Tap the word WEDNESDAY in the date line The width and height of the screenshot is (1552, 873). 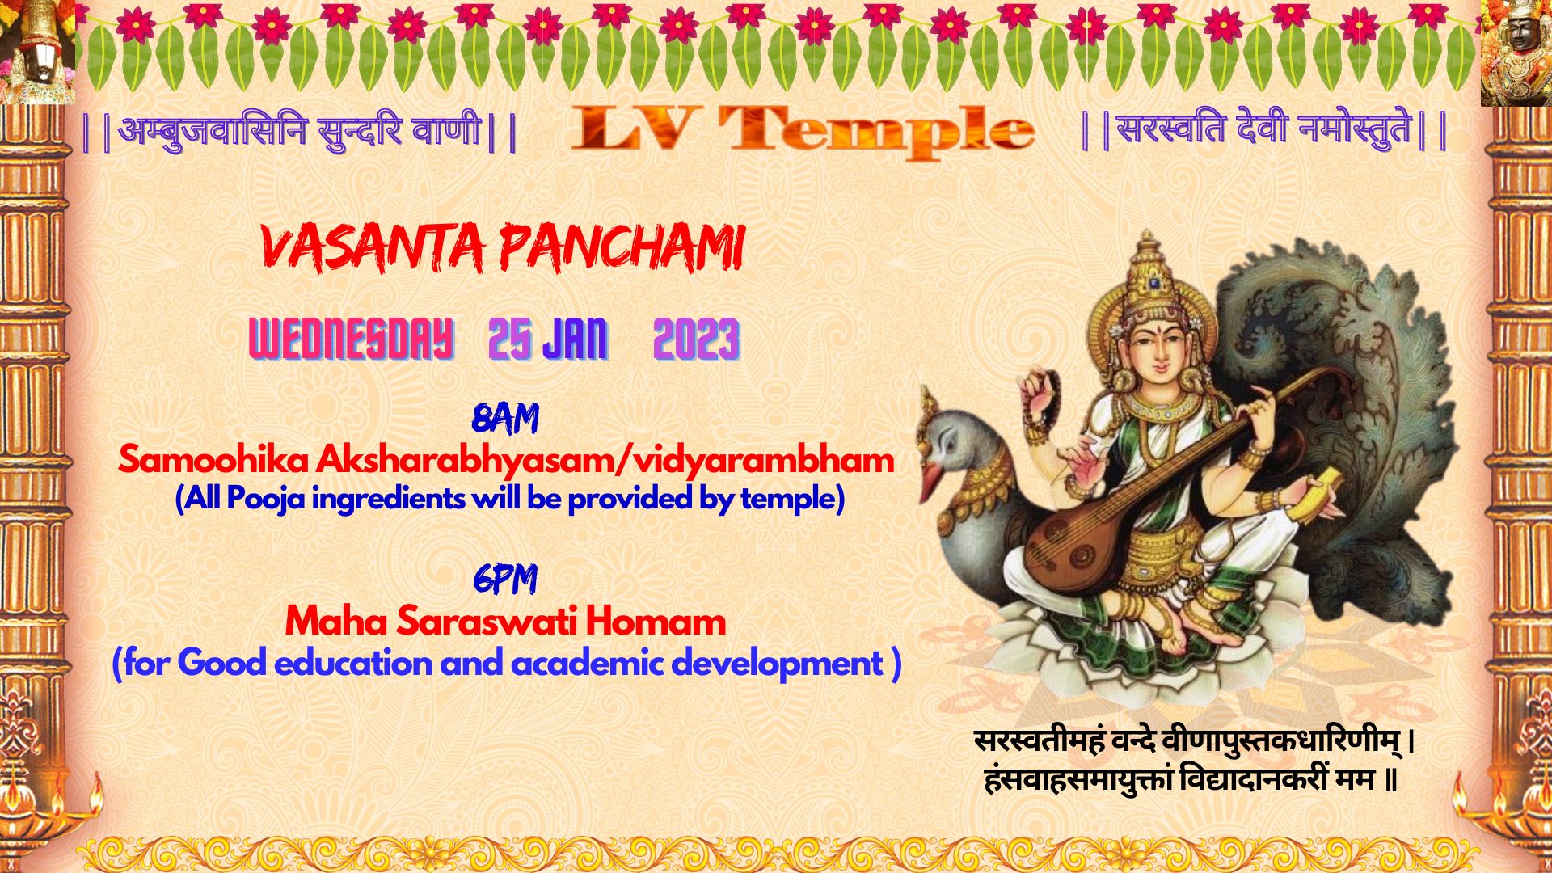click(351, 339)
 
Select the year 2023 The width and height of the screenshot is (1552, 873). click(696, 339)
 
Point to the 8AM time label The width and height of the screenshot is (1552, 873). click(505, 419)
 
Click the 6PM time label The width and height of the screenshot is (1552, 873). click(505, 579)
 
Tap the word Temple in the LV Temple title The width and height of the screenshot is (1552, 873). click(876, 131)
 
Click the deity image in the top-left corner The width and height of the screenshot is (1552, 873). click(37, 52)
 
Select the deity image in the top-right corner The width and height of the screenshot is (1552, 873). click(1516, 53)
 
